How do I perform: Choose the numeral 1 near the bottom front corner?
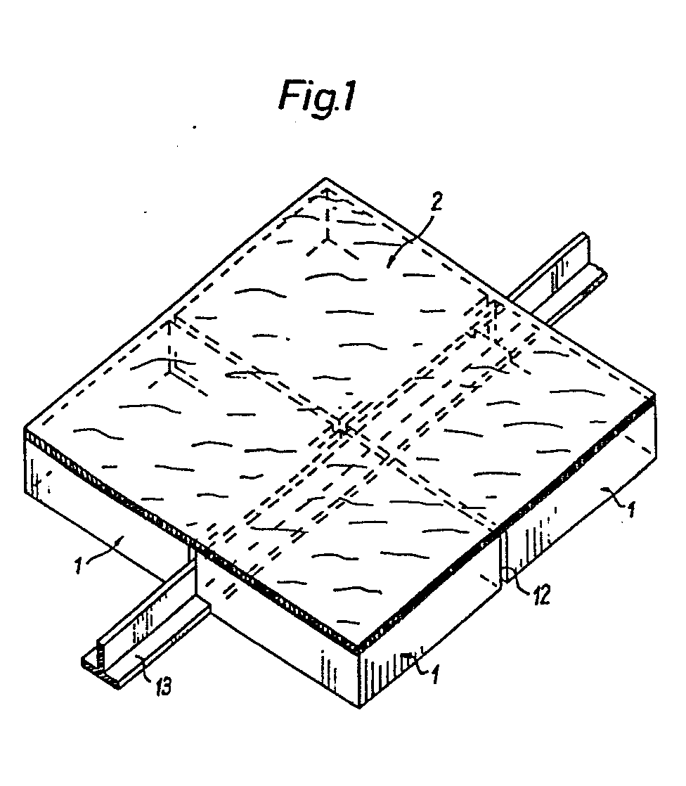pyautogui.click(x=435, y=673)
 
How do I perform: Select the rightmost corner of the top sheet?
pyautogui.click(x=656, y=399)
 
